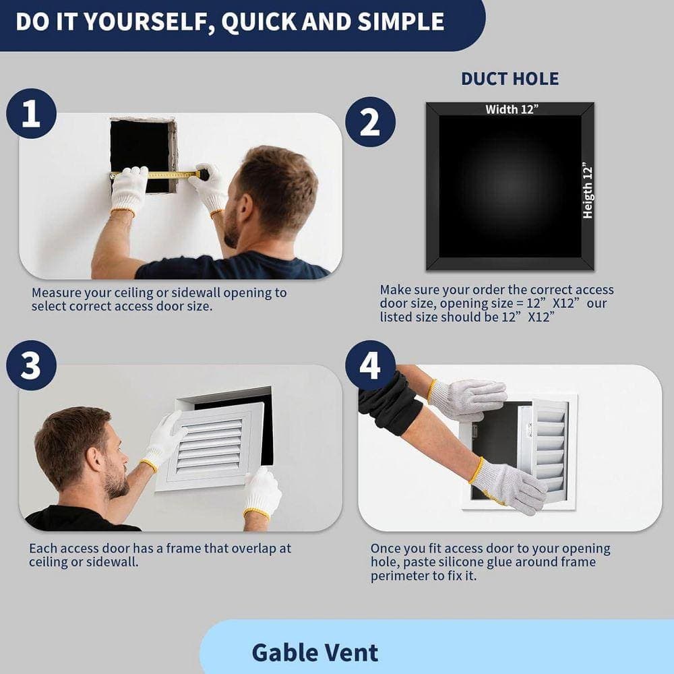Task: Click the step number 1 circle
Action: click(x=32, y=113)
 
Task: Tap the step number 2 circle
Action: click(x=370, y=122)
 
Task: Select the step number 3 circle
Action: click(x=32, y=366)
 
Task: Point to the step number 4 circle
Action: click(x=370, y=366)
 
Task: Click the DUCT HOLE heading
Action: click(x=510, y=79)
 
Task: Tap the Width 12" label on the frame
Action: click(x=512, y=109)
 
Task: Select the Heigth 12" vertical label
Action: click(x=588, y=191)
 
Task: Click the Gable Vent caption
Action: click(x=315, y=652)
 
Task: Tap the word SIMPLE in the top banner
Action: click(x=401, y=22)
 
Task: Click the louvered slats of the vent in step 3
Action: click(x=210, y=446)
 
